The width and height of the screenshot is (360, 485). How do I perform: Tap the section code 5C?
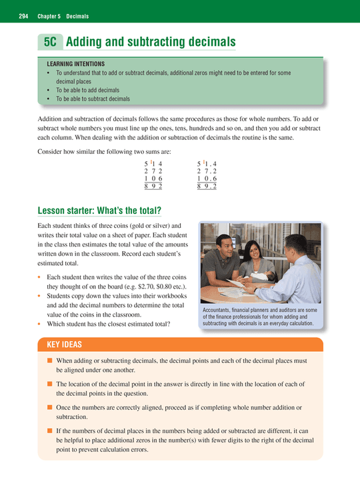click(x=49, y=41)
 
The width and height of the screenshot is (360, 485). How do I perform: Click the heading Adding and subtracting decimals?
click(x=151, y=41)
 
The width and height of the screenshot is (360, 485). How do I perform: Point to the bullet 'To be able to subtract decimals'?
click(x=93, y=99)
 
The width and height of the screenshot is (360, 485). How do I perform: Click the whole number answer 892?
click(x=153, y=187)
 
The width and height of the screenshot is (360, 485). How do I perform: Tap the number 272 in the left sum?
click(x=153, y=171)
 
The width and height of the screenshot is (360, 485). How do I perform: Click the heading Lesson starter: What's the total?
click(x=100, y=212)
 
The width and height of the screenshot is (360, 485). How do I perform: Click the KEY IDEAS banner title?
click(x=65, y=344)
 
